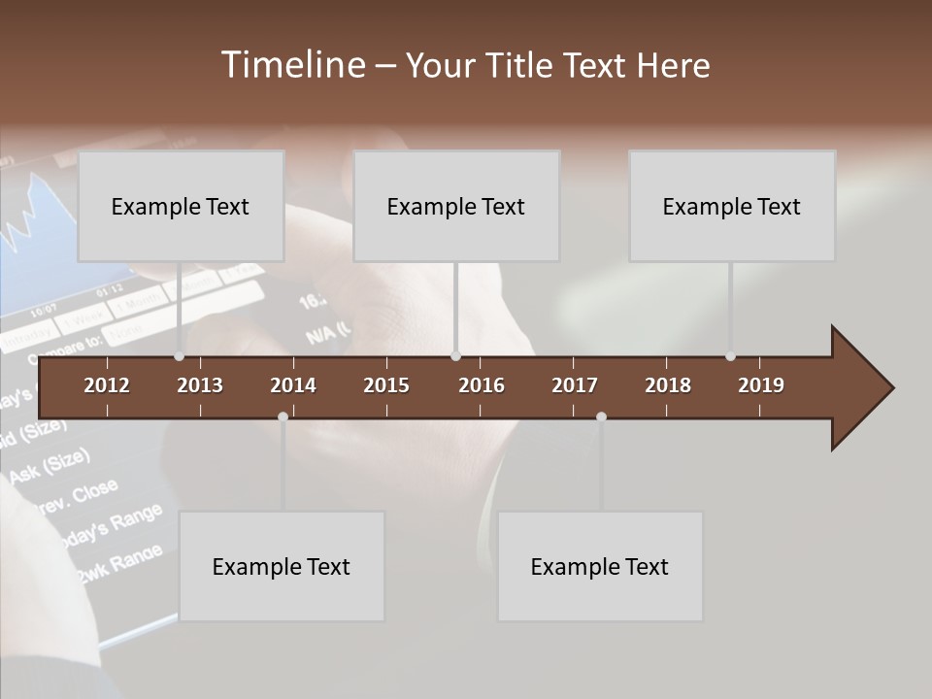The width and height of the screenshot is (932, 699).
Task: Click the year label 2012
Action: pyautogui.click(x=107, y=385)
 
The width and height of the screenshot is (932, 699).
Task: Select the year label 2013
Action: pyautogui.click(x=200, y=385)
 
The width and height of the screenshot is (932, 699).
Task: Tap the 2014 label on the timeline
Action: pyautogui.click(x=293, y=385)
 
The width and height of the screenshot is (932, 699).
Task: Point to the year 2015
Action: pyautogui.click(x=386, y=385)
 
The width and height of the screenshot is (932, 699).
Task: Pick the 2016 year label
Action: pyautogui.click(x=482, y=385)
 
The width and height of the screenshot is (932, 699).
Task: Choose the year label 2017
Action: pyautogui.click(x=575, y=385)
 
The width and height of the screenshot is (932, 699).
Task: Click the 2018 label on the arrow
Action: pyautogui.click(x=668, y=385)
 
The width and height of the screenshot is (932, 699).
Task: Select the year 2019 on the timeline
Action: pyautogui.click(x=761, y=385)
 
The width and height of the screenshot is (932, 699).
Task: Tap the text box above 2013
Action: pyautogui.click(x=181, y=206)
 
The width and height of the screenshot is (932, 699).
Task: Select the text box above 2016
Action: pyautogui.click(x=456, y=206)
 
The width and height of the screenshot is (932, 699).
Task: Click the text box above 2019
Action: pyautogui.click(x=732, y=206)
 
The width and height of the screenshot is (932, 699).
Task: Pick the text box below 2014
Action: pyautogui.click(x=282, y=566)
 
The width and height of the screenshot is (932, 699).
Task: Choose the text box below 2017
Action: pyautogui.click(x=600, y=566)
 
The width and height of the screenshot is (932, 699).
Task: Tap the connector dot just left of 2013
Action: pyautogui.click(x=179, y=356)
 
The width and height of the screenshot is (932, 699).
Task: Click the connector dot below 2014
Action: pyautogui.click(x=283, y=417)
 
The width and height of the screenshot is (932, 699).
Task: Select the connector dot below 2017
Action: pyautogui.click(x=601, y=417)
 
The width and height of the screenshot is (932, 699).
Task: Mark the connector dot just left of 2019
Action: pyautogui.click(x=730, y=356)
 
